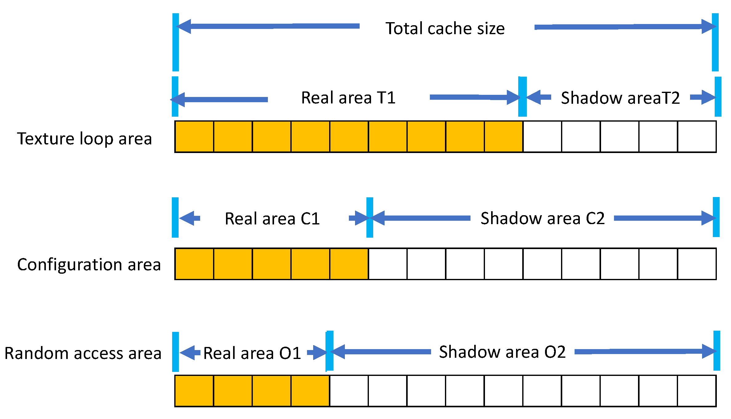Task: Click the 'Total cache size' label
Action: pos(445,28)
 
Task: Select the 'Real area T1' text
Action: pos(348,98)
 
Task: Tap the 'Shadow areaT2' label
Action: pos(620,98)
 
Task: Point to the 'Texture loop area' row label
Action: pos(85,139)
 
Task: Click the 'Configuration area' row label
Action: pos(89,264)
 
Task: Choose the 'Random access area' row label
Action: pos(83,353)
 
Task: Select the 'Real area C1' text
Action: pos(272,219)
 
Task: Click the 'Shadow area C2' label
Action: pos(543,218)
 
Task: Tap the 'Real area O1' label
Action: pos(252,353)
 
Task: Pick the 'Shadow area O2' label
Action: pos(502,352)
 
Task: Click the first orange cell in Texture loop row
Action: pos(194,137)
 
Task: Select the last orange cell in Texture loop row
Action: pos(503,137)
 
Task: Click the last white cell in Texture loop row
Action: pos(697,137)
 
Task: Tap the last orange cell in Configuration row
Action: pos(349,264)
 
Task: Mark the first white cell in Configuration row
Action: pos(388,264)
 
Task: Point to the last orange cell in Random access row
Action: pos(310,391)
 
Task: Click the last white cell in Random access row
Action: pos(697,391)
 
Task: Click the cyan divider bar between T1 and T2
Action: pos(523,97)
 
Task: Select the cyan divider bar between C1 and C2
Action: pos(370,217)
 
